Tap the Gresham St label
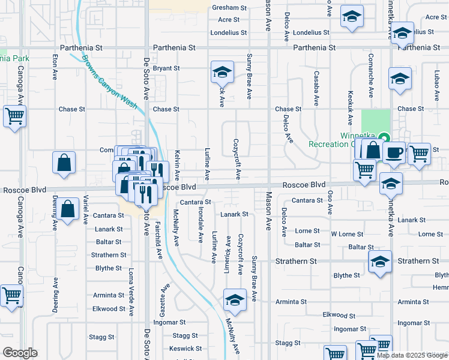coord(229,8)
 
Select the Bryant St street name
coord(166,68)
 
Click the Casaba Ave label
coord(316,84)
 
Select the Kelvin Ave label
coord(177,166)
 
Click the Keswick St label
coord(185,348)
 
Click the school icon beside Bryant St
coord(222,73)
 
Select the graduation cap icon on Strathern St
coord(380,262)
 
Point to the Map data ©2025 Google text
coord(411,355)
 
